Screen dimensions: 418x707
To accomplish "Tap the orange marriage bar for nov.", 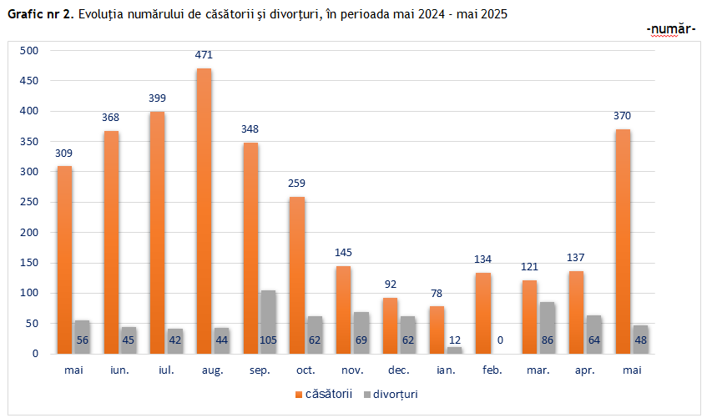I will (x=343, y=310).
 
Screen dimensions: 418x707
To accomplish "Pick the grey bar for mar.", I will (x=547, y=327).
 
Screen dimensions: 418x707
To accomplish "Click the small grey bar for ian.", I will (x=453, y=350).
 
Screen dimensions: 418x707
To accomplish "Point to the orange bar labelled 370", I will (x=622, y=241).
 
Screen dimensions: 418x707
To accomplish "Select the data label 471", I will (x=204, y=55).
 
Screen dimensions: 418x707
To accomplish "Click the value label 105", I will (x=267, y=340).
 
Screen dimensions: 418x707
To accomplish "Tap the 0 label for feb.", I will (x=500, y=340).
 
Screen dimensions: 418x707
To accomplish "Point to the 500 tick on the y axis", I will (x=30, y=51).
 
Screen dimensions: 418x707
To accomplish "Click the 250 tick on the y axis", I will (x=30, y=202).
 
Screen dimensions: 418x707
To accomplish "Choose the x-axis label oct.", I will (x=306, y=370).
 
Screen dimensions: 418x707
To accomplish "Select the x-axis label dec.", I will (x=399, y=370).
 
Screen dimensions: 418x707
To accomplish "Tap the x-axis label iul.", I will (x=167, y=370).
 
